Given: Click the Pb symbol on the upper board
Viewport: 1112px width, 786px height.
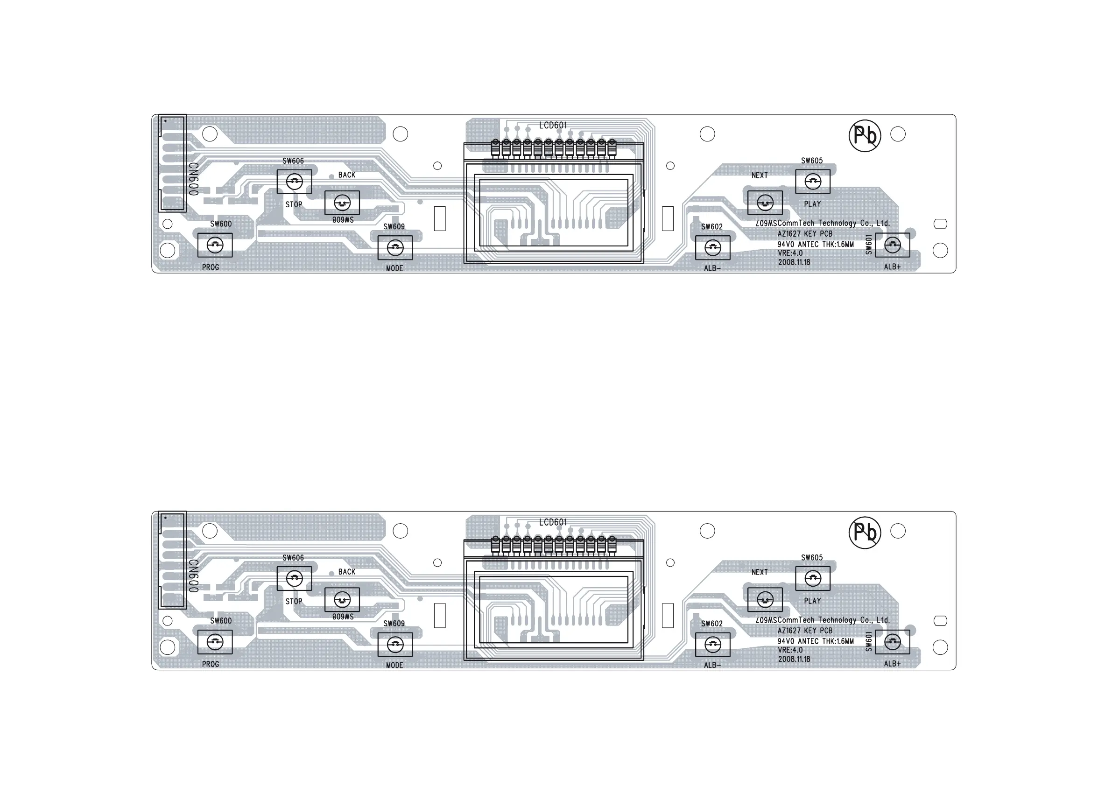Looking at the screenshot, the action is pyautogui.click(x=865, y=136).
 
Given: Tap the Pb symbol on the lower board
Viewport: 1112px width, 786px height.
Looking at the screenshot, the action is pyautogui.click(x=865, y=532).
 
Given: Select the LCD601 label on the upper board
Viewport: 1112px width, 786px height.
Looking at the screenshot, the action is pyautogui.click(x=553, y=126).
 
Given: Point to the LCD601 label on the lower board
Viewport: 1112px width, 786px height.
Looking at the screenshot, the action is pyautogui.click(x=553, y=522).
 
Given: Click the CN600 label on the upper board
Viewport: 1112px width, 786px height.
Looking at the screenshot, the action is pyautogui.click(x=193, y=179).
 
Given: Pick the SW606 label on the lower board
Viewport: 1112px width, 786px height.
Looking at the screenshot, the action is pyautogui.click(x=293, y=558).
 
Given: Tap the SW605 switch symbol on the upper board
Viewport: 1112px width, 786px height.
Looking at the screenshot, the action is pyautogui.click(x=813, y=182).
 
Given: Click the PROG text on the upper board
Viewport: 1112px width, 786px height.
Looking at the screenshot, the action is pyautogui.click(x=211, y=267).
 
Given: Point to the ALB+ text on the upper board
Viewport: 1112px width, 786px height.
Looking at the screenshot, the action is pyautogui.click(x=892, y=267).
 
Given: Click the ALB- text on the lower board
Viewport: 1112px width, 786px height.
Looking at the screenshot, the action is pyautogui.click(x=712, y=666).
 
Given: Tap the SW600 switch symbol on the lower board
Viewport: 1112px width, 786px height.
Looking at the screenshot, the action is pyautogui.click(x=215, y=642).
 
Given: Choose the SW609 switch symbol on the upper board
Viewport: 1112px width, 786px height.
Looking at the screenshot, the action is pyautogui.click(x=395, y=248).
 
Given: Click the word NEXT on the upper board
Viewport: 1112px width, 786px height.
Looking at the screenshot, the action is pyautogui.click(x=760, y=175).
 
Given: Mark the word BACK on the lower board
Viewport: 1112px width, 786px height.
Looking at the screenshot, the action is pyautogui.click(x=347, y=572).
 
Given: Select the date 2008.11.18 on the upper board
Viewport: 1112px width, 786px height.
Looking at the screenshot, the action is pyautogui.click(x=794, y=262).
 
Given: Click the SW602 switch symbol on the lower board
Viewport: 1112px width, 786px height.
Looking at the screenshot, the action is pyautogui.click(x=712, y=645).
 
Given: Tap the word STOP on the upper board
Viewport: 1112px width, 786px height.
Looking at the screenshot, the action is pyautogui.click(x=294, y=204).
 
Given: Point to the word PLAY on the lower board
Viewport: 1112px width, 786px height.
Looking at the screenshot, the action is pyautogui.click(x=812, y=601).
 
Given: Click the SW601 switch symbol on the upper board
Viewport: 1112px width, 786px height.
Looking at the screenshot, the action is pyautogui.click(x=892, y=246).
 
